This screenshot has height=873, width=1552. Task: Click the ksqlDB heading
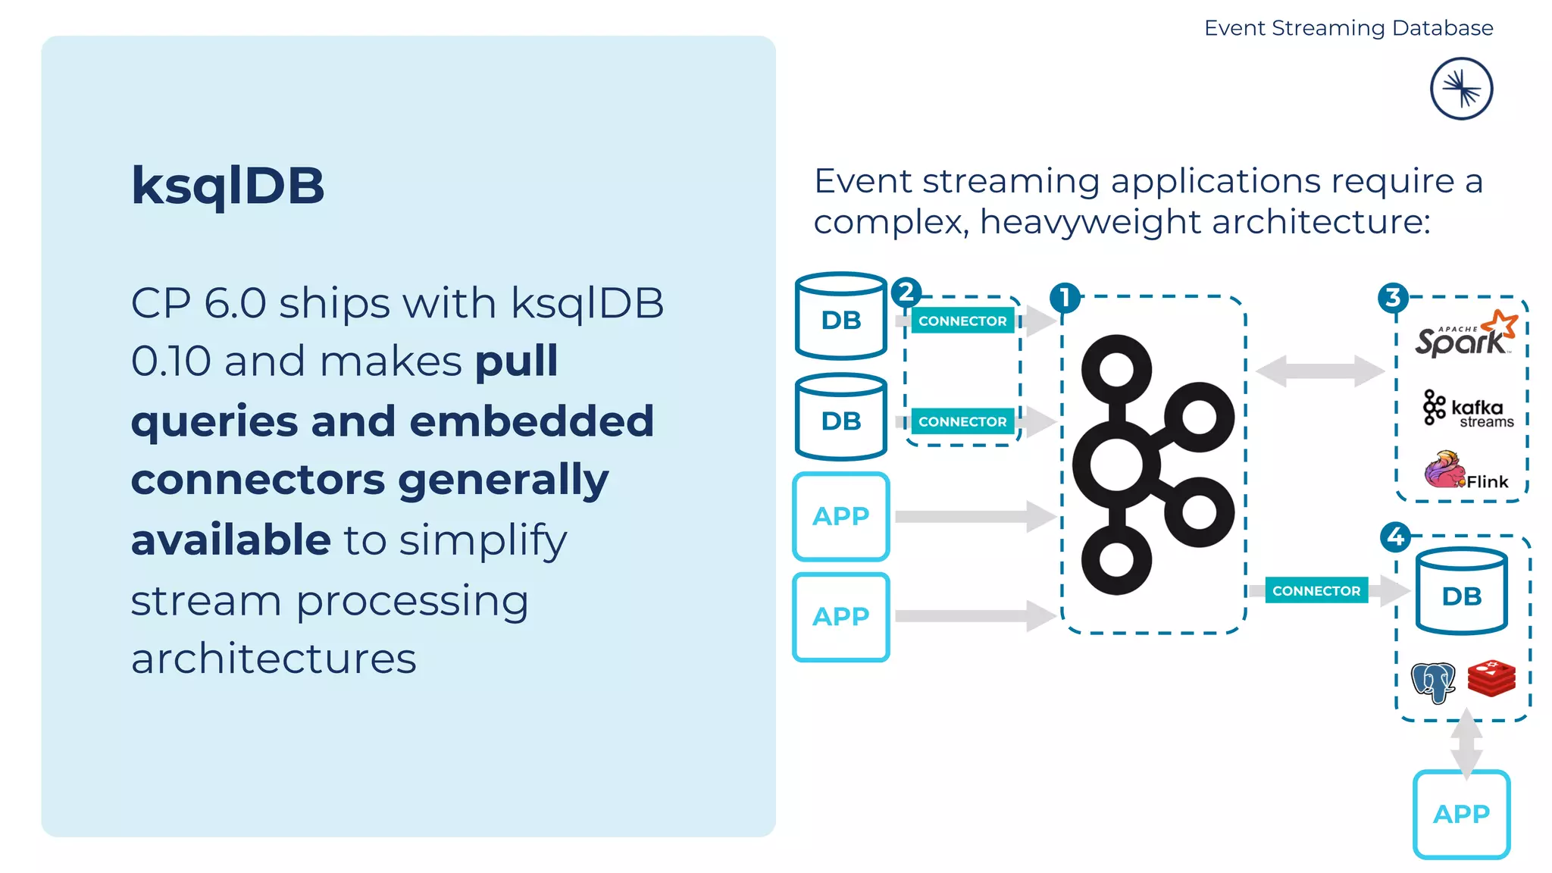click(x=227, y=186)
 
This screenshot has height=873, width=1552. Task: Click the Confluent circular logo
click(x=1461, y=89)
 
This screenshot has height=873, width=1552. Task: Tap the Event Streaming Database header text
click(x=1348, y=28)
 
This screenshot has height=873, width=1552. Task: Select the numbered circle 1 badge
click(x=1065, y=298)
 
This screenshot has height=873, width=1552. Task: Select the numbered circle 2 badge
click(x=906, y=292)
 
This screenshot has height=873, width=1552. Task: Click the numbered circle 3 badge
click(x=1393, y=298)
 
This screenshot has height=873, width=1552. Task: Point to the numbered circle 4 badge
click(x=1396, y=537)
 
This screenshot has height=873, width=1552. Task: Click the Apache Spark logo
click(x=1464, y=335)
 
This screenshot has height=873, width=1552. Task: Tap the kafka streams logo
click(x=1467, y=409)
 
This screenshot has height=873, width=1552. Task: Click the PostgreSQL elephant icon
click(x=1432, y=681)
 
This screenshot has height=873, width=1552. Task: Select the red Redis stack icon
click(x=1491, y=677)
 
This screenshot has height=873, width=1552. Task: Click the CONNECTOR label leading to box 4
click(x=1316, y=590)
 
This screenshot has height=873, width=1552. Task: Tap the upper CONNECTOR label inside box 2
click(x=962, y=321)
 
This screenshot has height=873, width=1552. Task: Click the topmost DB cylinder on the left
click(x=841, y=316)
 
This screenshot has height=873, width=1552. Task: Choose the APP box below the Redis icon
click(x=1461, y=814)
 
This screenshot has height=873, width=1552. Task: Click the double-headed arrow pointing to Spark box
click(x=1319, y=371)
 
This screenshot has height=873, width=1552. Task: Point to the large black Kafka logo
click(x=1152, y=464)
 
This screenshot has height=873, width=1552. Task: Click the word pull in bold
click(x=516, y=361)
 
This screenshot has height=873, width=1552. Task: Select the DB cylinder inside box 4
click(x=1461, y=592)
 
